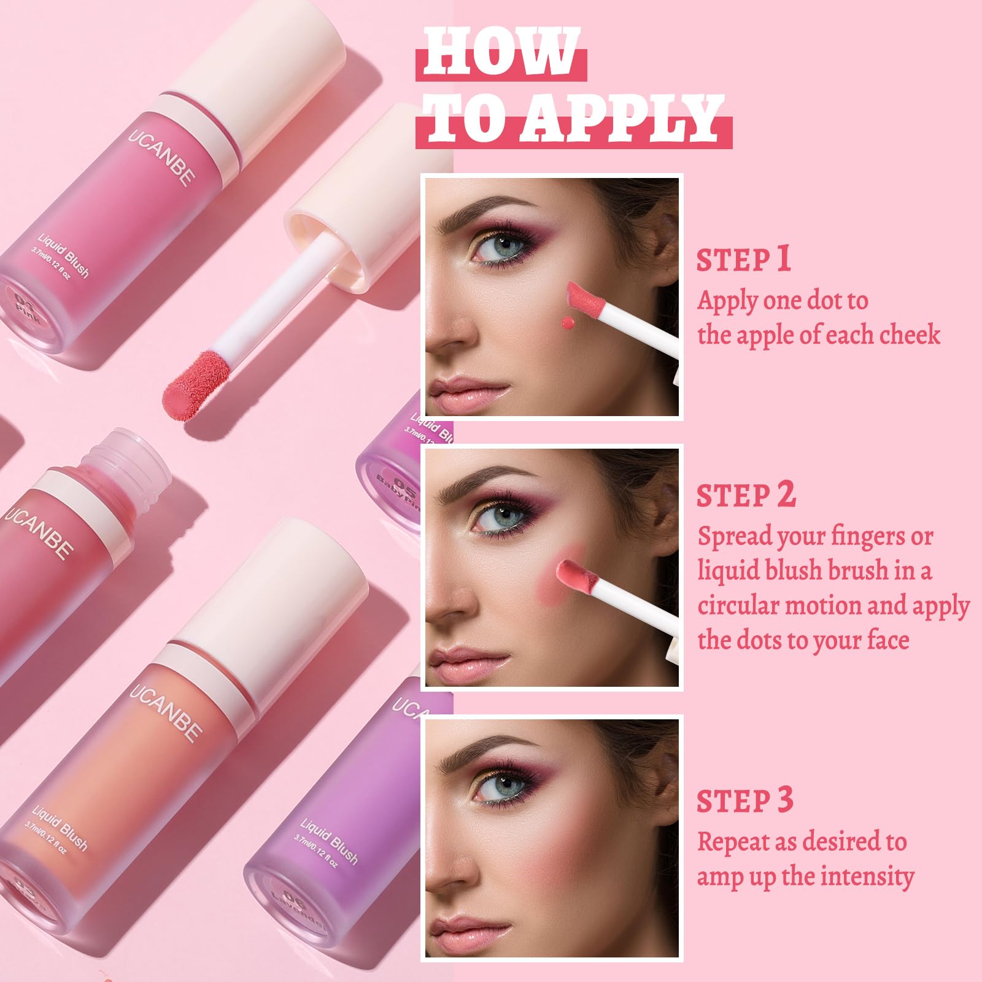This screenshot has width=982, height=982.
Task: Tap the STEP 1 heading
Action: pyautogui.click(x=743, y=260)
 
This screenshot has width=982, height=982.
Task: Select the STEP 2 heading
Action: pyautogui.click(x=746, y=495)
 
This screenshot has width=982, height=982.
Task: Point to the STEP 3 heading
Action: pyautogui.click(x=745, y=801)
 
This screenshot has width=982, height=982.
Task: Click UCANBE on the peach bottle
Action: pyautogui.click(x=166, y=712)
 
